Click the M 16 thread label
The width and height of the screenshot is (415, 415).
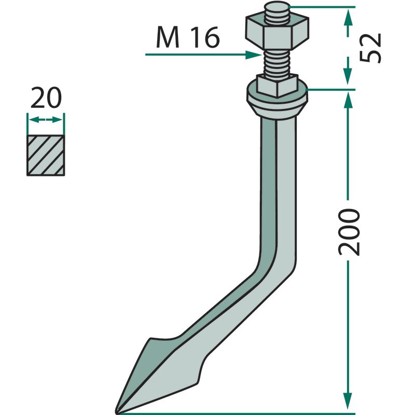[188, 37]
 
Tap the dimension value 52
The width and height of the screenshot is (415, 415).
[370, 48]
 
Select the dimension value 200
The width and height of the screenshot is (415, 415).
[349, 232]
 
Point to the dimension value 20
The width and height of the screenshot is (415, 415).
[46, 98]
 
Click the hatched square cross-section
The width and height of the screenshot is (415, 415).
[46, 155]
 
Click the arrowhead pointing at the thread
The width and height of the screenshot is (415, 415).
[254, 55]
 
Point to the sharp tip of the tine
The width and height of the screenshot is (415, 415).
[116, 412]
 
